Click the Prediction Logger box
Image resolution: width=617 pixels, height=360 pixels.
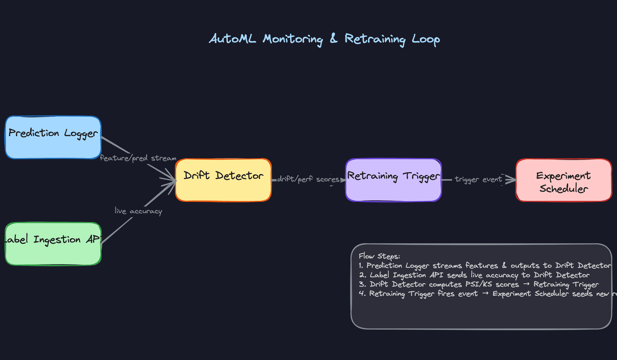[x=53, y=138]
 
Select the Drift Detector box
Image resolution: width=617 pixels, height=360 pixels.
[x=223, y=180]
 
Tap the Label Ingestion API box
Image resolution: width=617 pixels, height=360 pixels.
[x=53, y=244]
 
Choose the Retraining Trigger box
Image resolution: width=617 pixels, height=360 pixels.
[x=393, y=180]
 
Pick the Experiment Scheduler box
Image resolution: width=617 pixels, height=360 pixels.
[x=564, y=180]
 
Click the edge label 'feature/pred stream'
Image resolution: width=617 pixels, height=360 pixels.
[x=138, y=158]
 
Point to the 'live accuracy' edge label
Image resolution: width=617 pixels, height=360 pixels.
[x=138, y=211]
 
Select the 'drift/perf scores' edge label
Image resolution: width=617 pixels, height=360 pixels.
[x=308, y=179]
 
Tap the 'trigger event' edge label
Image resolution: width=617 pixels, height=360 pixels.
[x=478, y=179]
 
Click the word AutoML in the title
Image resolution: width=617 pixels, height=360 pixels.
[x=233, y=39]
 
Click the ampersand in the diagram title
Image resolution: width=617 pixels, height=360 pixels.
[x=334, y=38]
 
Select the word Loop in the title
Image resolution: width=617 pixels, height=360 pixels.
[x=426, y=40]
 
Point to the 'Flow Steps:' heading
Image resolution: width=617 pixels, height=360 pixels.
[x=379, y=256]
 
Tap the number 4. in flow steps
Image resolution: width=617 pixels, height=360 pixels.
[x=362, y=294]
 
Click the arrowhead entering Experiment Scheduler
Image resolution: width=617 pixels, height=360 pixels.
[x=512, y=179]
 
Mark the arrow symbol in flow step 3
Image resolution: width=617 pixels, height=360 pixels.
[x=526, y=284]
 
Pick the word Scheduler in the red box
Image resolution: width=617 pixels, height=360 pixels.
[x=564, y=189]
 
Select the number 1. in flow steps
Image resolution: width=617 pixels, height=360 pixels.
[x=361, y=265]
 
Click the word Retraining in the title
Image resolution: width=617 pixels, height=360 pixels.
[x=375, y=39]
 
